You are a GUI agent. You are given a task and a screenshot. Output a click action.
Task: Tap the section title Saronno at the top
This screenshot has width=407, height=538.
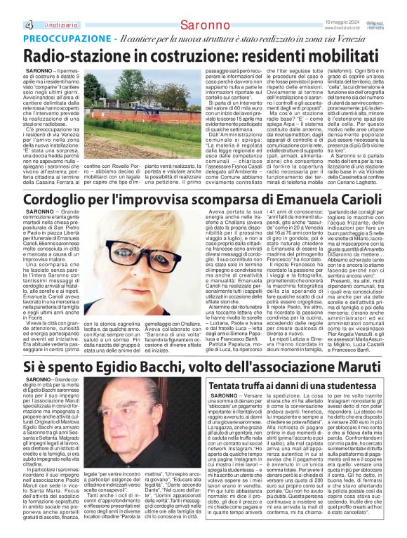[202, 25]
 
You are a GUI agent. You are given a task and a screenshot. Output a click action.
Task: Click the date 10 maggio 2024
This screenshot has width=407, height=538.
[342, 22]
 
